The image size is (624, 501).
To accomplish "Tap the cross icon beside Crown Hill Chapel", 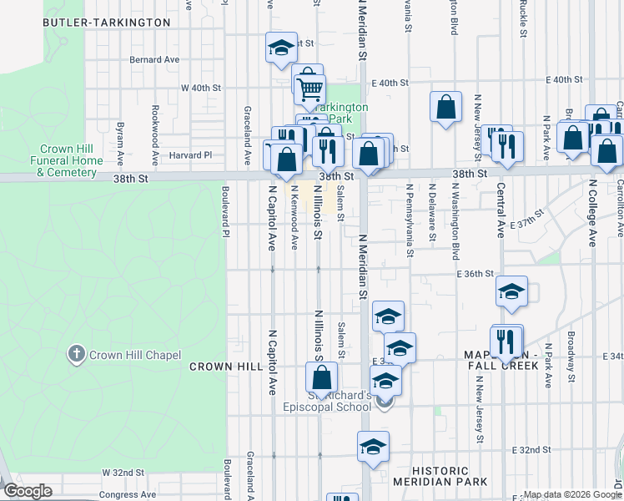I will [x=77, y=354].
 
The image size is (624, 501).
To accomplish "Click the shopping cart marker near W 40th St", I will [x=309, y=88].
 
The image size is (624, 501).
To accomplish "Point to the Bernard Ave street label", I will [x=155, y=60].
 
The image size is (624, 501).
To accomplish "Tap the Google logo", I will [x=28, y=491].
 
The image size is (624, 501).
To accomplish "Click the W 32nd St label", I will [x=123, y=473].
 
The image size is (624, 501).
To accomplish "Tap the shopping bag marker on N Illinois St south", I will [x=321, y=377].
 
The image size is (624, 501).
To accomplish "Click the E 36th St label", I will [x=476, y=274].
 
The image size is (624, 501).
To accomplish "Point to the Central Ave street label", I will [x=501, y=209].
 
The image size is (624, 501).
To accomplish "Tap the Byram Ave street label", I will [x=120, y=142].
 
